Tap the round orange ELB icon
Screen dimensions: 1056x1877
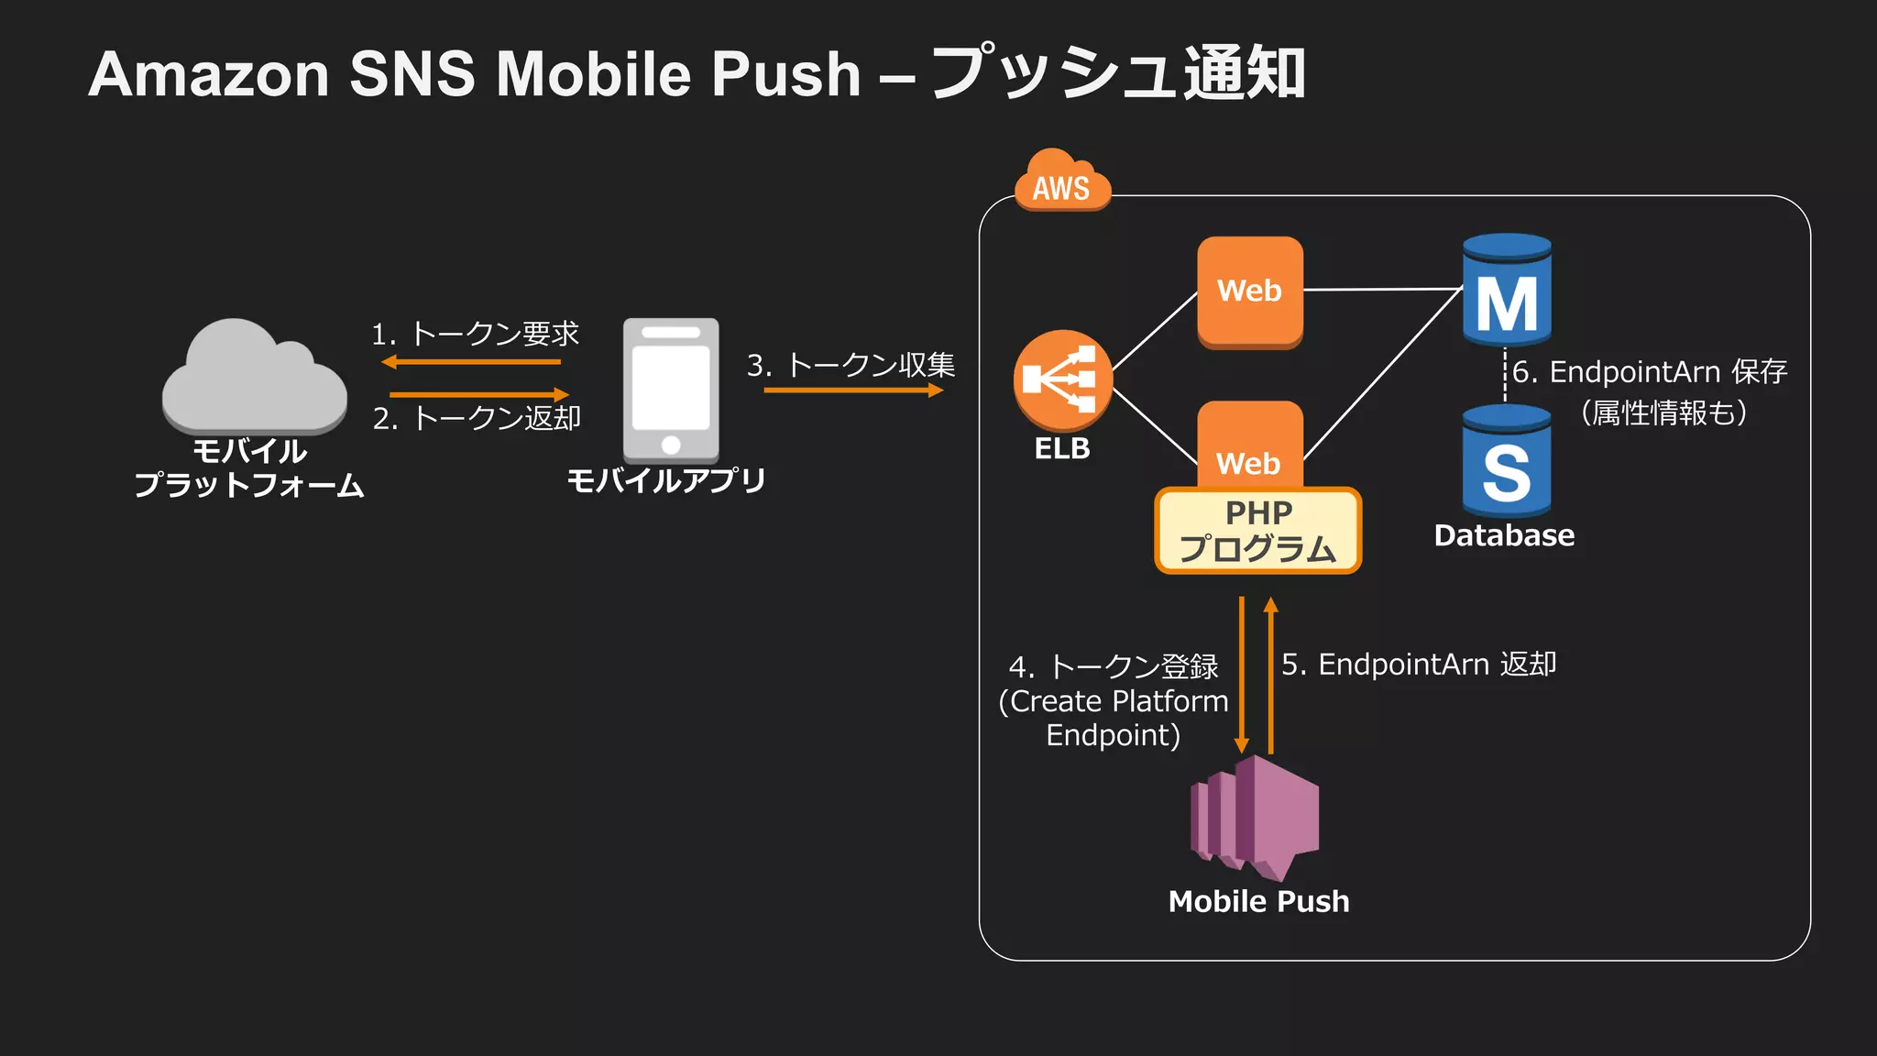pos(1062,379)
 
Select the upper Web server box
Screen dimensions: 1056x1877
pos(1249,291)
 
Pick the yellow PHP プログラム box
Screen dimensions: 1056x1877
pos(1257,531)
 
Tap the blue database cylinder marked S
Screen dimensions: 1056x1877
pos(1506,462)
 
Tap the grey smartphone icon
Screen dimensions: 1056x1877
pos(671,389)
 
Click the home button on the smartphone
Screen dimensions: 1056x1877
pos(671,445)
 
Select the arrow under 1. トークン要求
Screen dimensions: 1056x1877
pos(471,362)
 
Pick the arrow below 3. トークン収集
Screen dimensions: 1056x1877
pos(852,390)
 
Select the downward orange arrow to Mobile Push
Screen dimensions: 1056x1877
pos(1242,674)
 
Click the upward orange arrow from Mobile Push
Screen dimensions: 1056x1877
pos(1270,674)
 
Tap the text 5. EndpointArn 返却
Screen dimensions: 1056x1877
pos(1418,665)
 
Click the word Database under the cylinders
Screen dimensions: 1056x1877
pos(1504,535)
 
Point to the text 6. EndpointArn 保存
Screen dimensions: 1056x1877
pos(1649,372)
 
